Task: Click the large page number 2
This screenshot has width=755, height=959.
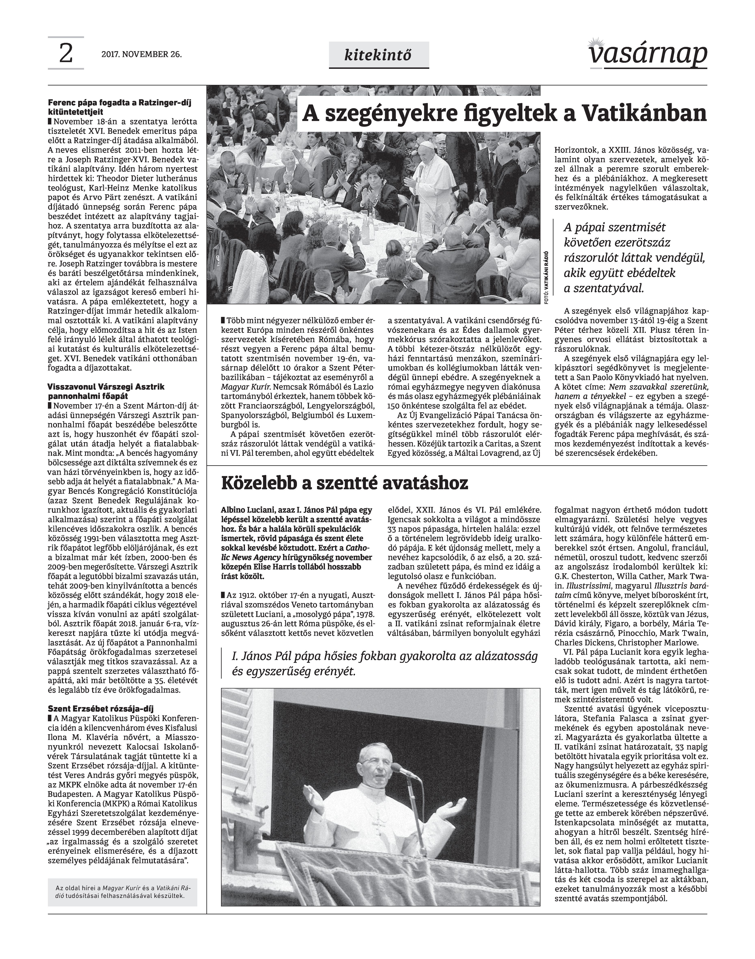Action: tap(65, 54)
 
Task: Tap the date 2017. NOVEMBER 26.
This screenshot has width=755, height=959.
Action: tap(141, 55)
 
